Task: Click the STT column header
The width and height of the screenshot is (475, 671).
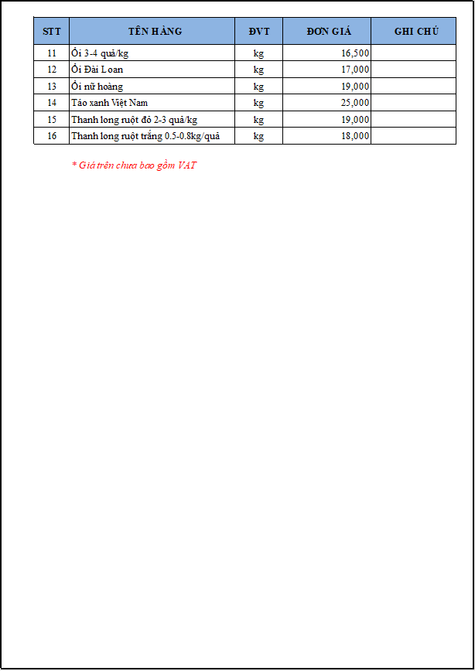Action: pyautogui.click(x=52, y=32)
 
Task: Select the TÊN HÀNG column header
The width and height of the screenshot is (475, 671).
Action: pyautogui.click(x=155, y=32)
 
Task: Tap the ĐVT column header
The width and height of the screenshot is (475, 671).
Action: pyautogui.click(x=259, y=32)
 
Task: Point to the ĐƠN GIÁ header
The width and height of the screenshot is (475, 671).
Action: pyautogui.click(x=328, y=32)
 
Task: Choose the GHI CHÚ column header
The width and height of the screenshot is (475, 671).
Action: pyautogui.click(x=416, y=32)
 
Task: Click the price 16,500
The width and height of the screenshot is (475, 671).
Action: pyautogui.click(x=355, y=53)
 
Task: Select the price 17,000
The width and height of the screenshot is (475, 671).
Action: pyautogui.click(x=355, y=70)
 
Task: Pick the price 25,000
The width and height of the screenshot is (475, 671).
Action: pyautogui.click(x=355, y=103)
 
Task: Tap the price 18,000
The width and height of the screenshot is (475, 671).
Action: pyautogui.click(x=355, y=136)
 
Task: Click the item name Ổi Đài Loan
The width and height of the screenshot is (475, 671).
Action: pyautogui.click(x=97, y=70)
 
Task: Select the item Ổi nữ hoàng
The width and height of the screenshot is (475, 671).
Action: pyautogui.click(x=97, y=87)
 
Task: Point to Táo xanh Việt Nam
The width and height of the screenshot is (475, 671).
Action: pyautogui.click(x=109, y=103)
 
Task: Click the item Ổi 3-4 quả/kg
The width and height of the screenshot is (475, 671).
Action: pyautogui.click(x=100, y=53)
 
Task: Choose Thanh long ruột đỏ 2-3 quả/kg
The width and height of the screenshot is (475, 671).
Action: pyautogui.click(x=134, y=120)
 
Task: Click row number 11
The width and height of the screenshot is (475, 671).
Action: pyautogui.click(x=52, y=53)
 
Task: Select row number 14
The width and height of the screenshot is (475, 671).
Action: pyautogui.click(x=52, y=103)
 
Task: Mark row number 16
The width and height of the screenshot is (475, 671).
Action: pyautogui.click(x=52, y=136)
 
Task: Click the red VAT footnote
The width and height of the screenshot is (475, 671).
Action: pyautogui.click(x=134, y=165)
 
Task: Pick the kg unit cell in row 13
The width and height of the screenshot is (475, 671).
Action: pyautogui.click(x=258, y=87)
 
